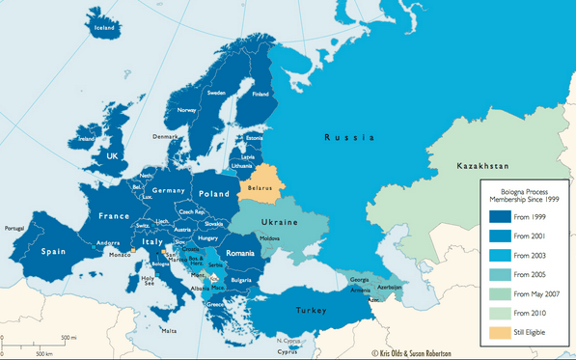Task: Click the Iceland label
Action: pyautogui.click(x=103, y=28)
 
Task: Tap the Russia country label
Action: pyautogui.click(x=348, y=138)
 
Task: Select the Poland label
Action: pyautogui.click(x=214, y=192)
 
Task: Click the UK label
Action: pyautogui.click(x=112, y=155)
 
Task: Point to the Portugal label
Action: pyautogui.click(x=14, y=229)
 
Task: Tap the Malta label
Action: pyautogui.click(x=169, y=331)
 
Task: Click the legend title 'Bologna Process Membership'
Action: pyautogui.click(x=525, y=192)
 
